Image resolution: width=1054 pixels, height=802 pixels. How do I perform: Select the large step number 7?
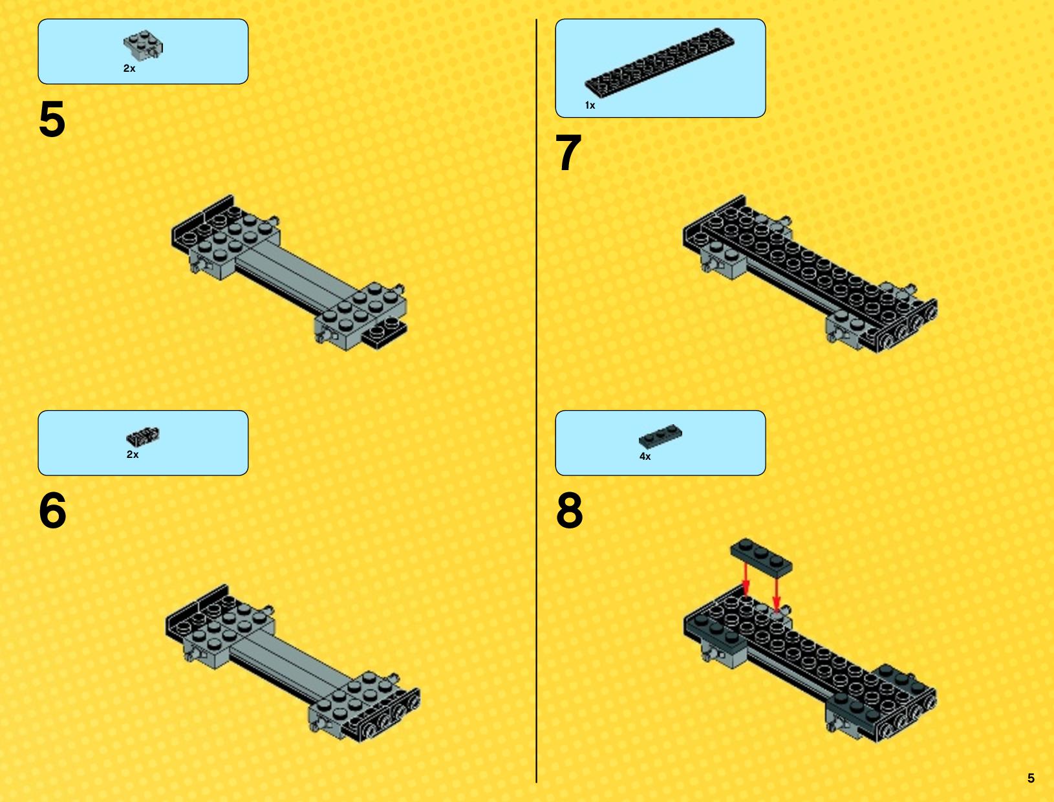click(x=568, y=153)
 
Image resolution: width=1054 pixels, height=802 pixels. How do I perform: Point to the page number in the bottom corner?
click(x=1031, y=778)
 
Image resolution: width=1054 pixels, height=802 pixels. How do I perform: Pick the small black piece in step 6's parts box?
click(x=143, y=436)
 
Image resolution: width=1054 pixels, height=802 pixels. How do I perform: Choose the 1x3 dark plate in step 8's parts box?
click(x=660, y=437)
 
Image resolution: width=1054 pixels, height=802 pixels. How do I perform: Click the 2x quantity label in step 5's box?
click(x=129, y=69)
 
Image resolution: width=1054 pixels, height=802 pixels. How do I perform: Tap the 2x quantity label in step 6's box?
click(x=133, y=454)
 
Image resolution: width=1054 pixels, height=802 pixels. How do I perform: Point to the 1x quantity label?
click(x=590, y=105)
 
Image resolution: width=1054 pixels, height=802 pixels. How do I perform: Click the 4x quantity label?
click(x=645, y=456)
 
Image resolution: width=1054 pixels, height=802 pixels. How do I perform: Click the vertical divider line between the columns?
click(x=536, y=401)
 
